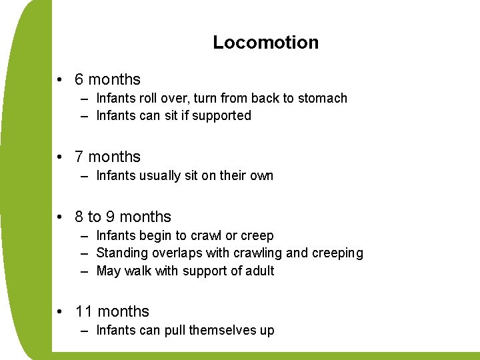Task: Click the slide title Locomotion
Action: point(265,43)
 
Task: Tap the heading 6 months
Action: point(107,79)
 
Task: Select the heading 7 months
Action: point(107,157)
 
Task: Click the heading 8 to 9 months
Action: point(123,217)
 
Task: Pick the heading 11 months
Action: point(112,311)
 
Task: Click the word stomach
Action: point(322,99)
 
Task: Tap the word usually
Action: point(159,176)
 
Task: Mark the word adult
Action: point(258,271)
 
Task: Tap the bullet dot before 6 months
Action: point(60,80)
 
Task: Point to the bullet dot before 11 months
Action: point(60,312)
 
